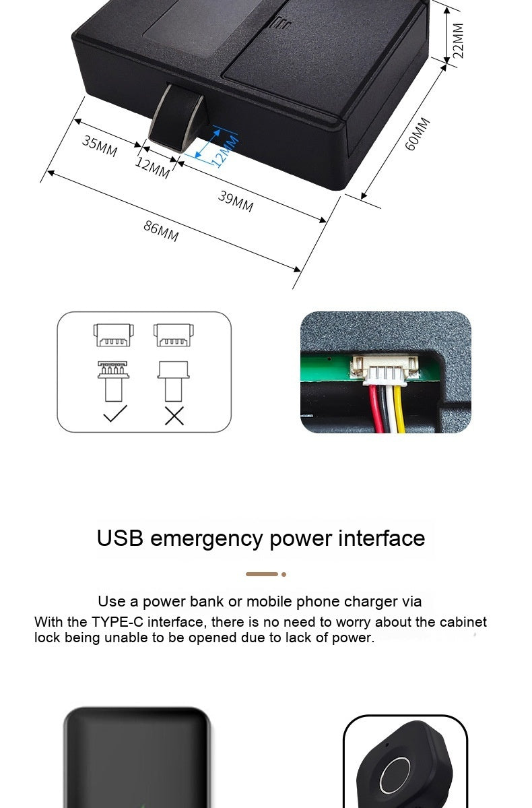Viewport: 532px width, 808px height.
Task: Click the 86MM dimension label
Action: pyautogui.click(x=161, y=230)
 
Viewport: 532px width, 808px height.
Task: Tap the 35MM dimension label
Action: pyautogui.click(x=100, y=146)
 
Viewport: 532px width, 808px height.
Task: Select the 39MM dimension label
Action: pyautogui.click(x=236, y=201)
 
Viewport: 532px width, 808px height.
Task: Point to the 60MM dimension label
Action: pyautogui.click(x=418, y=134)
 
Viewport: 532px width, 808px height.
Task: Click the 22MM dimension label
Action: pyautogui.click(x=458, y=40)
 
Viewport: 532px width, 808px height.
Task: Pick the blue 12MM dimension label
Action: pyautogui.click(x=225, y=150)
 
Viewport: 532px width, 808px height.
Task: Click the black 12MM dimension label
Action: pyautogui.click(x=152, y=168)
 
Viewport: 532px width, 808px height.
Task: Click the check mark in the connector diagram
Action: pyautogui.click(x=114, y=414)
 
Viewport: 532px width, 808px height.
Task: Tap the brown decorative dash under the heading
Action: pyautogui.click(x=262, y=574)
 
